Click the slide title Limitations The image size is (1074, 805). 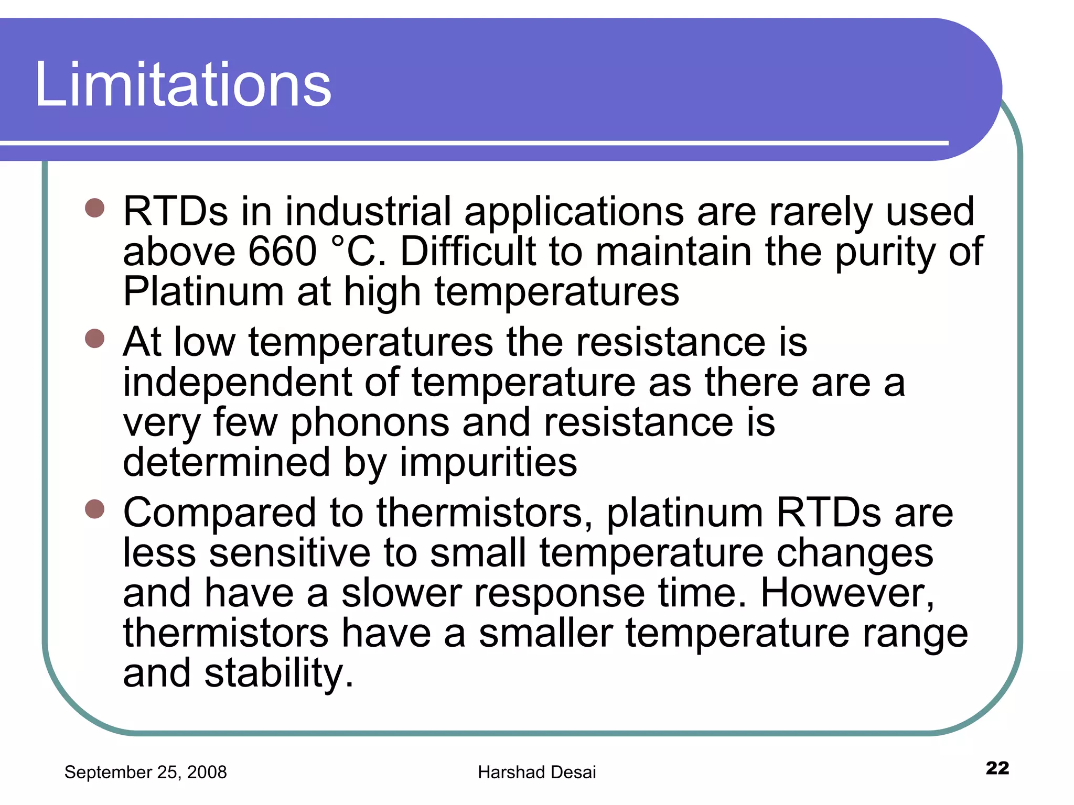[x=183, y=84]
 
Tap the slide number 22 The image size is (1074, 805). [x=997, y=768]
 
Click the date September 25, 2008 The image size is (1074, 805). [x=145, y=772]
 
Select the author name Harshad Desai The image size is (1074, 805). [x=536, y=772]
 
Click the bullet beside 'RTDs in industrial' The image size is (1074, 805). [x=95, y=208]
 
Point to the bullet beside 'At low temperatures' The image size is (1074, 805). [x=95, y=339]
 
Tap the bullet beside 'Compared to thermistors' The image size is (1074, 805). [x=95, y=509]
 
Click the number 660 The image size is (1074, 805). [x=282, y=252]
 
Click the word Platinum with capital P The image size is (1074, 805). [x=203, y=291]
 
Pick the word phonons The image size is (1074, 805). [x=370, y=422]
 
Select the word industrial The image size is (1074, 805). [x=368, y=211]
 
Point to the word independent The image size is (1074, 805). [x=237, y=382]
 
